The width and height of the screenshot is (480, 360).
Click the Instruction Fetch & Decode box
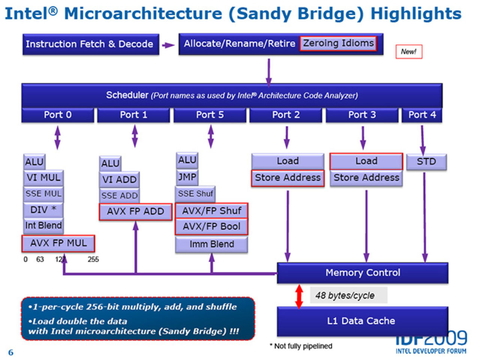click(90, 44)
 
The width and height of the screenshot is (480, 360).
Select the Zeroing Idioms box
click(338, 43)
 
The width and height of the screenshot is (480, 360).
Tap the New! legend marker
click(409, 52)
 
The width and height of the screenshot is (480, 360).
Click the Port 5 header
click(210, 115)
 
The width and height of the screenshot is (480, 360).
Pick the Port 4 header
click(422, 115)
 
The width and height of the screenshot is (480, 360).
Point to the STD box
click(426, 162)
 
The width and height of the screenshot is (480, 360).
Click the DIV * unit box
click(43, 210)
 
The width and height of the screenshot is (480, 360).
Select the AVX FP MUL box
click(58, 243)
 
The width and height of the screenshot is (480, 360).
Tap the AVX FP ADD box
click(135, 211)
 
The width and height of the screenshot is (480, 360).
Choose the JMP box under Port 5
click(187, 177)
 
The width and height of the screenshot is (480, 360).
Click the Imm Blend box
click(211, 244)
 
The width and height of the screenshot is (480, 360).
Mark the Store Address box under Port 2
click(288, 178)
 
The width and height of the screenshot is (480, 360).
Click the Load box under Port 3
click(366, 161)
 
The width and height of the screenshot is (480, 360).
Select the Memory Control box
click(362, 273)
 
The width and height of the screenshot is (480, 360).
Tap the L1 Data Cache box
click(361, 321)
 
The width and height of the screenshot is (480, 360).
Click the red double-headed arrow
click(299, 297)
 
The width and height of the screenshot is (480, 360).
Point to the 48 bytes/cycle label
click(345, 295)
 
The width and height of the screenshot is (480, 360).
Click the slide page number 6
click(10, 352)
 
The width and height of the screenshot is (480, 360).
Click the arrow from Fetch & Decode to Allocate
click(168, 45)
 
